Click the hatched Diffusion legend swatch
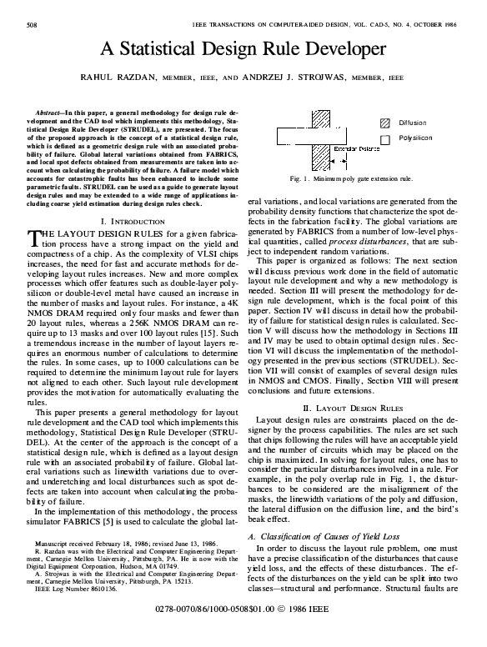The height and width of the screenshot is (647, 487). tap(385, 122)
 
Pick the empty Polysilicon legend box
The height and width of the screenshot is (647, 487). tap(385, 138)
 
